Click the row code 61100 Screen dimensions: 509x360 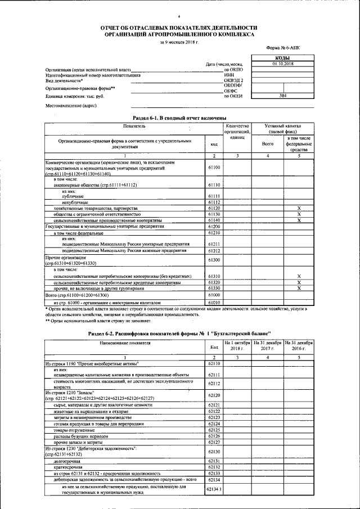pyautogui.click(x=214, y=167)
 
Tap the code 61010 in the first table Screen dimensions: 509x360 pyautogui.click(x=214, y=303)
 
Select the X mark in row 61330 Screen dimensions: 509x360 pyautogui.click(x=299, y=288)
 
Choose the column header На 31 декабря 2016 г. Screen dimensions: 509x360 pyautogui.click(x=299, y=345)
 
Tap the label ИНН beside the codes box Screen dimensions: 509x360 pyautogui.click(x=228, y=74)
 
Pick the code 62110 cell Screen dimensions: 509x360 pyautogui.click(x=214, y=364)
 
